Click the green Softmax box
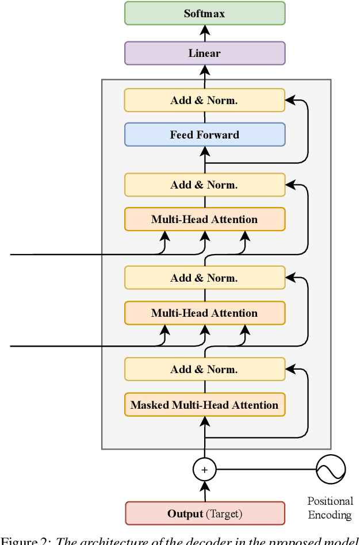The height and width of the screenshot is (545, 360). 205,13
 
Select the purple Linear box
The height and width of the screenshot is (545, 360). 205,53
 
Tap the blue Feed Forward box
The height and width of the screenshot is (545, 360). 205,135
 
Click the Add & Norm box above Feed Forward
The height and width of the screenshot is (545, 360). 205,100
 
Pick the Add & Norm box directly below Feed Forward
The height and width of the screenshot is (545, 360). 205,185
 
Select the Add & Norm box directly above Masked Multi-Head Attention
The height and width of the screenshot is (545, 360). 205,369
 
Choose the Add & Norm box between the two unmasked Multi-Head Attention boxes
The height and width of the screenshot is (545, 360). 205,278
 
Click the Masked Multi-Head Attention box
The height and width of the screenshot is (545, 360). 205,405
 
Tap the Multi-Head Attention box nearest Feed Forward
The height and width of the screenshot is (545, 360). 205,220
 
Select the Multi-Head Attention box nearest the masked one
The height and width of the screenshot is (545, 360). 205,313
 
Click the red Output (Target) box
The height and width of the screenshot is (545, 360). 205,513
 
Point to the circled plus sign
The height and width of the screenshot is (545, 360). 204,470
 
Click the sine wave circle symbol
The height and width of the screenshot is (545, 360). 331,469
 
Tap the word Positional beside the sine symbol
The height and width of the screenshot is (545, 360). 330,501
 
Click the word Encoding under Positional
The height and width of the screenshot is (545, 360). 330,515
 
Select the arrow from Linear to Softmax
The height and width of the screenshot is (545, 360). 205,33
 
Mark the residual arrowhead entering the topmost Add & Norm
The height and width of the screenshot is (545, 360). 290,100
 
